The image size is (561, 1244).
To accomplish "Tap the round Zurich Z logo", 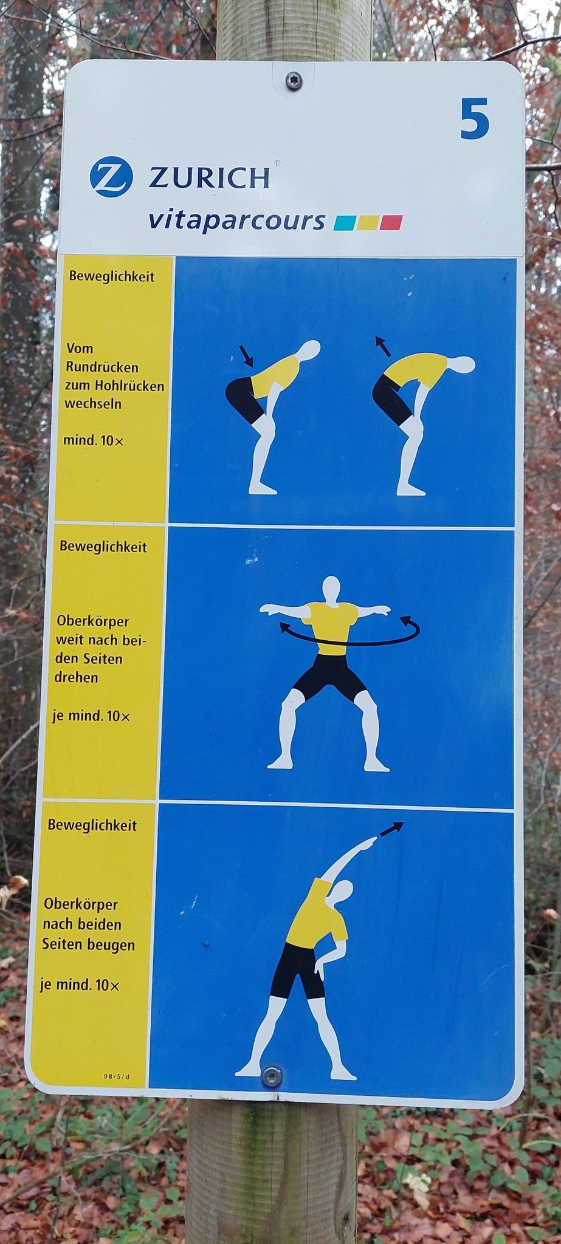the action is (111, 178).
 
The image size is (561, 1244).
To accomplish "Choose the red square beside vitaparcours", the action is (391, 222).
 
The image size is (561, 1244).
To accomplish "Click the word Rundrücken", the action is (102, 367).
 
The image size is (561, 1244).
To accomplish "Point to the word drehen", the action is (76, 677).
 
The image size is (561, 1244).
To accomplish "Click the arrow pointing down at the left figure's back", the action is (247, 356).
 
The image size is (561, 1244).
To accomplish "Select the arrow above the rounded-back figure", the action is (383, 346).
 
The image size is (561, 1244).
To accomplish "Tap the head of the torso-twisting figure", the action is (331, 589).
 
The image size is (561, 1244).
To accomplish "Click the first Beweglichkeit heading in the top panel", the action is (111, 276).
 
